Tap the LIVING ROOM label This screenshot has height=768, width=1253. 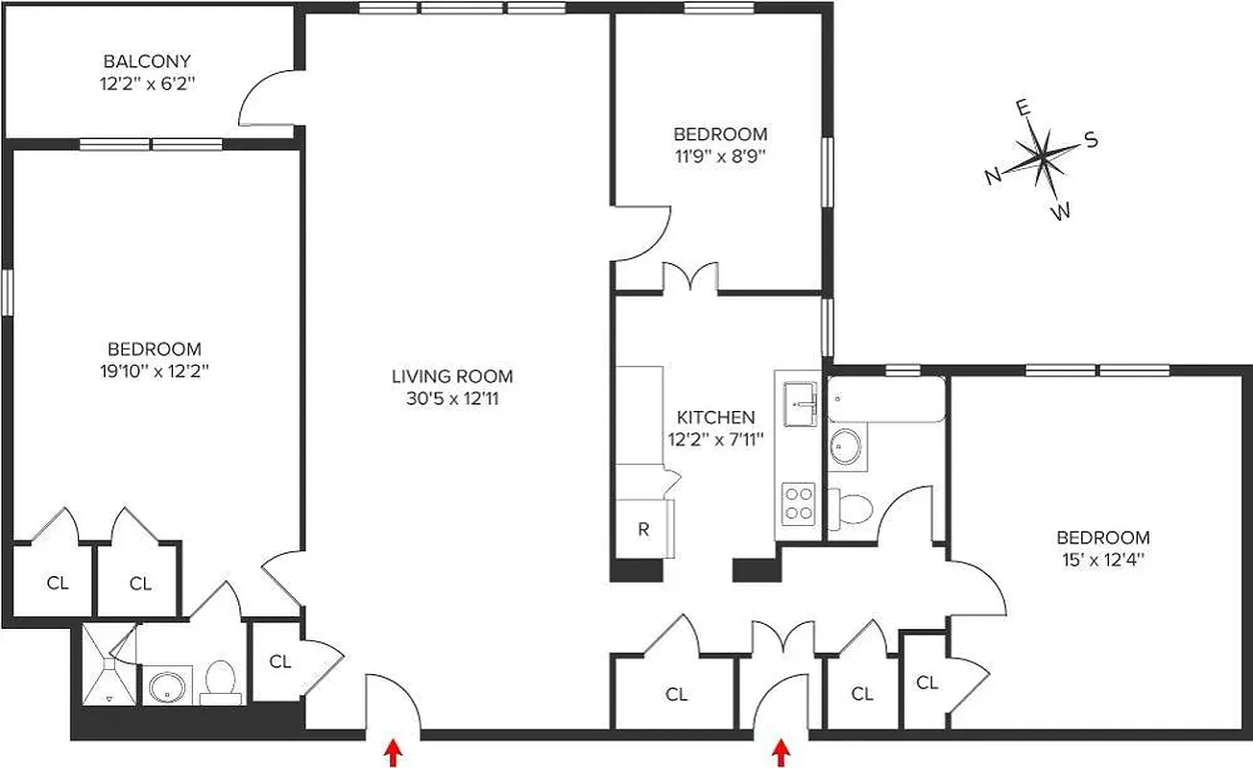tap(451, 376)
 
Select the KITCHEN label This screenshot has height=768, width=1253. tap(715, 418)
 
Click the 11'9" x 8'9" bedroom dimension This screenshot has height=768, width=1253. tap(719, 155)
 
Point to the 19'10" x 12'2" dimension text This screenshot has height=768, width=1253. tap(154, 370)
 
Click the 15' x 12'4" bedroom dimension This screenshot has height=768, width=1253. tap(1102, 558)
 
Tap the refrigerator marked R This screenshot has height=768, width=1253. tap(643, 528)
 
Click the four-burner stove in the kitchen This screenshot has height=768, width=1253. tap(798, 503)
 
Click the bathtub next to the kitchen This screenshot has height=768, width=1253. tap(885, 398)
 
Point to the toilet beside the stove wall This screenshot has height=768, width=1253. tap(848, 508)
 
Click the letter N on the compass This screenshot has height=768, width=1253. tap(993, 177)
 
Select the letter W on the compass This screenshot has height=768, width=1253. tap(1060, 212)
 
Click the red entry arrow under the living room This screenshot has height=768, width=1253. tap(392, 753)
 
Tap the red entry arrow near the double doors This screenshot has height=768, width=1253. tap(783, 753)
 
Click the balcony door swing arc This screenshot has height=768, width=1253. tap(261, 96)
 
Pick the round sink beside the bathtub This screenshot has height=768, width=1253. tap(846, 447)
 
